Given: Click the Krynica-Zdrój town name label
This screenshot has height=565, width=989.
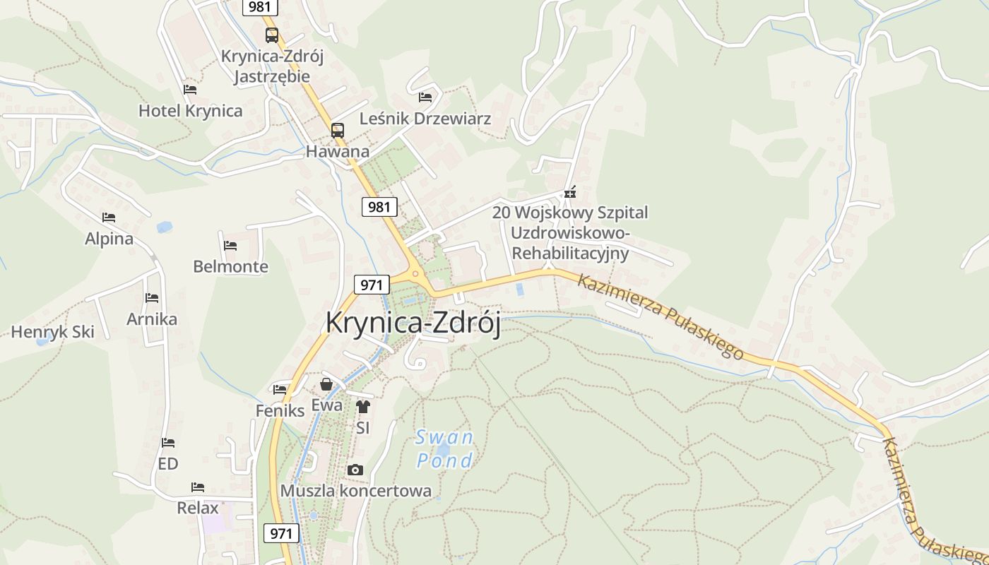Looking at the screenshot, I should click(x=413, y=323).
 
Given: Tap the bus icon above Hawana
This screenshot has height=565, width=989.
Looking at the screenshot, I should click(x=338, y=130).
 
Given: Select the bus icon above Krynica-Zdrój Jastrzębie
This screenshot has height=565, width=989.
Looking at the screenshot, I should click(x=272, y=35).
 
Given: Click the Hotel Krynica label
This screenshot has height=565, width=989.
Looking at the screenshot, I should click(x=190, y=111).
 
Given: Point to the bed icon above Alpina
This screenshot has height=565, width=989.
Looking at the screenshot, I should click(x=108, y=218).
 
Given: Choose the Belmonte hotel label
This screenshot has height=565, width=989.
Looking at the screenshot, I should click(x=230, y=266).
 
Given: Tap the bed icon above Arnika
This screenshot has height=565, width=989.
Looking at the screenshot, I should click(x=152, y=298).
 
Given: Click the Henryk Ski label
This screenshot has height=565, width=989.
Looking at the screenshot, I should click(x=52, y=331).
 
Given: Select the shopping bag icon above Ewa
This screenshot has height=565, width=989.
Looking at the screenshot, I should click(x=326, y=384).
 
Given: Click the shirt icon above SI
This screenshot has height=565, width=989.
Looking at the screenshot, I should click(x=362, y=406).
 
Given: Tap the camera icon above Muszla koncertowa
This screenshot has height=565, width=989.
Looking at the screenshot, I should click(x=355, y=470).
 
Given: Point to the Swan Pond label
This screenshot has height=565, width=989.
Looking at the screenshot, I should click(x=444, y=448).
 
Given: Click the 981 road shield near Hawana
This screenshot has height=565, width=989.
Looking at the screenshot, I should click(x=379, y=207).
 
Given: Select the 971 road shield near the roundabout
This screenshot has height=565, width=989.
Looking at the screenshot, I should click(x=372, y=285).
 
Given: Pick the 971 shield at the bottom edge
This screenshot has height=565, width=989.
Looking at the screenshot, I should click(x=281, y=533).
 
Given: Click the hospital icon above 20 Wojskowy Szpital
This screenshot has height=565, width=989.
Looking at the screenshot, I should click(x=570, y=192).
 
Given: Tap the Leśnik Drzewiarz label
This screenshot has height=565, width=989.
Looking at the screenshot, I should click(x=425, y=118).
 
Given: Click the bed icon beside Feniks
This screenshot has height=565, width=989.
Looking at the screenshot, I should click(x=280, y=389).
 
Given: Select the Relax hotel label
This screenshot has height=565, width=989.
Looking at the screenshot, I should click(x=198, y=507).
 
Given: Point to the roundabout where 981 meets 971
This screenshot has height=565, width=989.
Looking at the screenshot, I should click(x=415, y=274).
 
